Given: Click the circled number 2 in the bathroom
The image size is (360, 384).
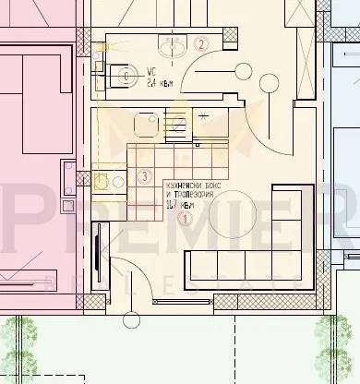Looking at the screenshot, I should coord(201,42).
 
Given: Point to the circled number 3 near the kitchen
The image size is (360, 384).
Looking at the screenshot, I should coord(143,176).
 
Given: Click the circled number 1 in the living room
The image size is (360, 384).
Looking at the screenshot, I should coord(186,219).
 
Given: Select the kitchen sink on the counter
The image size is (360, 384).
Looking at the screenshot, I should coord(144,122).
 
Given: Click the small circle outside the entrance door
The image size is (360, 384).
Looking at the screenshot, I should coord(131,320).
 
